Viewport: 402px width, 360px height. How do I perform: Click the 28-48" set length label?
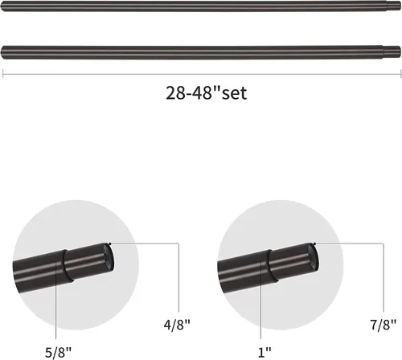click(206, 93)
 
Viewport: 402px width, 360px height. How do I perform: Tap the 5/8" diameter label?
click(58, 352)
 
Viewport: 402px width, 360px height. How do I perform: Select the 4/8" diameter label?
click(177, 325)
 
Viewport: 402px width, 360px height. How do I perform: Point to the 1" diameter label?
click(265, 352)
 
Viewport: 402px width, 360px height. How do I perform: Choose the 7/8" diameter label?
click(384, 325)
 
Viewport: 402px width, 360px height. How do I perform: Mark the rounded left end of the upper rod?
click(2, 6)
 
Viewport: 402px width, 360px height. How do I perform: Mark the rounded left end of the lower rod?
click(3, 52)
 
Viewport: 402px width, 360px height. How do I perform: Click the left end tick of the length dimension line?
click(2, 74)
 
